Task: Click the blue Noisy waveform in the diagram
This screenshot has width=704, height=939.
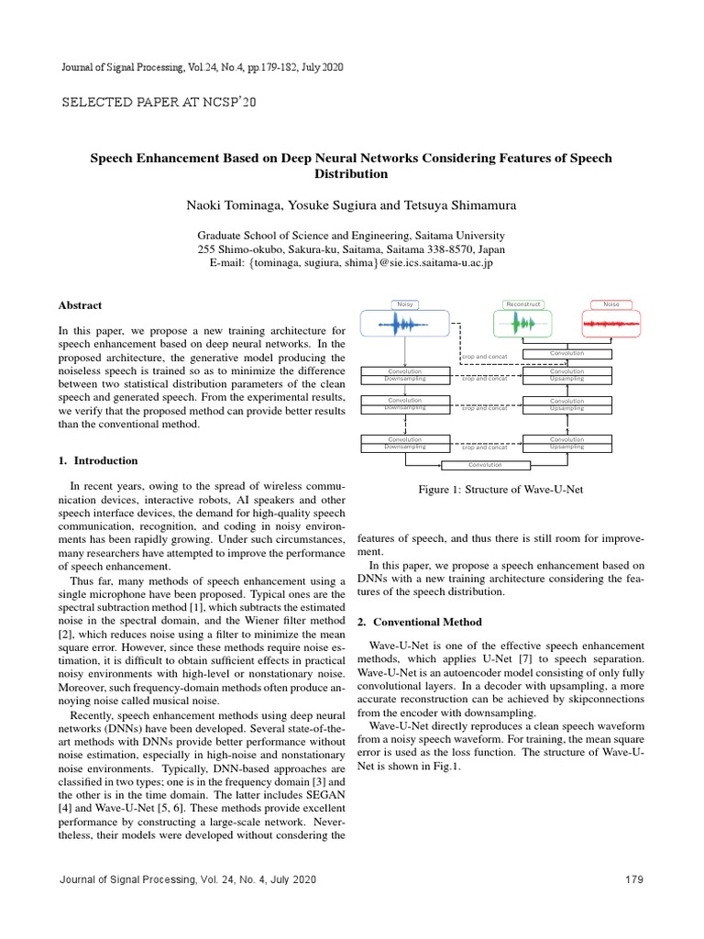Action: pos(404,324)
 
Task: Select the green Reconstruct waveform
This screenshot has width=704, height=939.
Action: pos(523,324)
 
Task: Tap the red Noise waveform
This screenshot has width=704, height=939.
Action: pos(611,324)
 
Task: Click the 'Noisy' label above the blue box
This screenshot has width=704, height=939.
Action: pos(403,304)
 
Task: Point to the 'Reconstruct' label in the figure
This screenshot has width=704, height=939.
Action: pos(523,304)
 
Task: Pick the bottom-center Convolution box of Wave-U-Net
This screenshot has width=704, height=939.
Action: pos(485,465)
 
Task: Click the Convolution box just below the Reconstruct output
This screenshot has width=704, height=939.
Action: pos(566,353)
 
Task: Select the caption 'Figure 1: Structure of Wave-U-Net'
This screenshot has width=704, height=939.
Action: pos(500,490)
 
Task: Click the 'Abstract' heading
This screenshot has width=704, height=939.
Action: pos(80,305)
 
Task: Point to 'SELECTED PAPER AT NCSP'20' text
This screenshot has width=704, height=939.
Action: pos(159,101)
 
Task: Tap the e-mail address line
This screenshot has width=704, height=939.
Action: pos(351,263)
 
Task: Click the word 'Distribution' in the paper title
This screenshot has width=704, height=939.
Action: pos(351,174)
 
